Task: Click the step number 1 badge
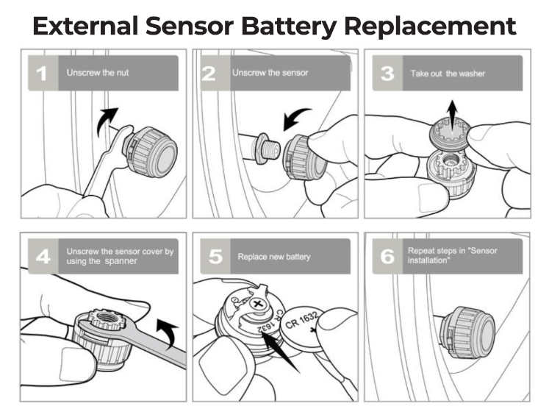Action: click(43, 74)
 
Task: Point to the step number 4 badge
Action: click(43, 257)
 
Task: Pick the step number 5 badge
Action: click(215, 257)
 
